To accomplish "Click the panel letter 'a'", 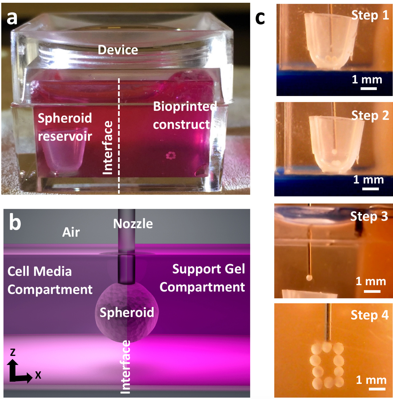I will pos(12,18).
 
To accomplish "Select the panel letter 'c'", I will pos(260,18).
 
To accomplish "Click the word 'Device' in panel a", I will pos(118,50).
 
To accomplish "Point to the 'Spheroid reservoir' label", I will pos(65,127).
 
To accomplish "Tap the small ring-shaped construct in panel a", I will pos(171,156).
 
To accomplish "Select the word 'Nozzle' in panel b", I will pos(133,224).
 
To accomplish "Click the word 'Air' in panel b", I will pos(71,232).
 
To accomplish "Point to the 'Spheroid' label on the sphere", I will pos(127,312).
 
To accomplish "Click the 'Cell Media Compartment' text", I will pos(50,280).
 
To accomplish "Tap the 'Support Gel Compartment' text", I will pos(203,278).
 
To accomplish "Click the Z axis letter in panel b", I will pos(13,352).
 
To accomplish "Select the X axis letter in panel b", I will pos(38,375).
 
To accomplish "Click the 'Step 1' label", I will pos(370,16).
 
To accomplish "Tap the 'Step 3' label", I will pos(369,216).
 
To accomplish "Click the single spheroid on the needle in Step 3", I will pos(309,277).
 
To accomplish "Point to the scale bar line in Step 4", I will pos(377,389).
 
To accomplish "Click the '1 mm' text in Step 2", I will pos(368,179).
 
